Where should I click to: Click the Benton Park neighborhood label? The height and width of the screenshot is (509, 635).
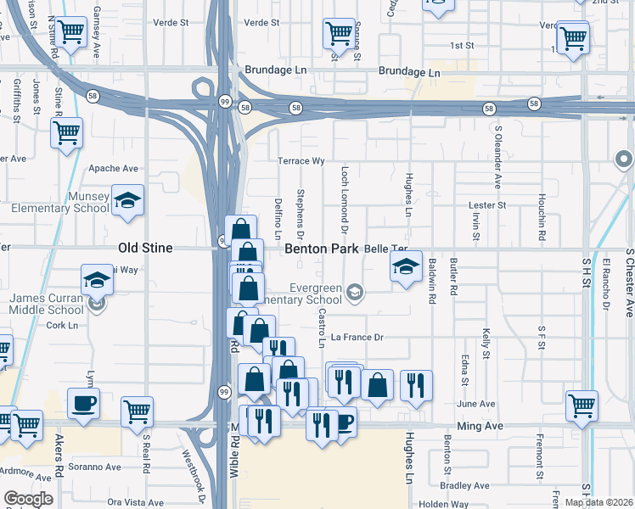pos(322,249)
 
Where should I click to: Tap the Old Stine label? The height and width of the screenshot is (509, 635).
pos(144,249)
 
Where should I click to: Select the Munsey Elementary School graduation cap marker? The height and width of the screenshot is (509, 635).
pos(127,201)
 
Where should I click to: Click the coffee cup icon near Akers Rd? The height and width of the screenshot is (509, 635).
pos(83,404)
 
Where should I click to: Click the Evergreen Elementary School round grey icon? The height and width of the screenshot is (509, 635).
pos(355,293)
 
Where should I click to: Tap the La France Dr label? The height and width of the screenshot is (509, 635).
pos(357,337)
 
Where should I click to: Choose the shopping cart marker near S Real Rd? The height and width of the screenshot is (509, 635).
pos(137,412)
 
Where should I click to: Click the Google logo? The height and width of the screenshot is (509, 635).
pos(28,499)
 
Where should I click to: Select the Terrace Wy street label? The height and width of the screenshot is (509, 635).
pos(301,161)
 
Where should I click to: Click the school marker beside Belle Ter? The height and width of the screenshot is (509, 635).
pos(406,267)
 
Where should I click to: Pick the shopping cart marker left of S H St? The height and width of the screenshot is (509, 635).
pos(582,406)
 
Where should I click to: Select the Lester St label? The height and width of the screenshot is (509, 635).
pos(487,205)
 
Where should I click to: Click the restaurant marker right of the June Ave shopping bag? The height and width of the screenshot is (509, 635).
pos(416,386)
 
